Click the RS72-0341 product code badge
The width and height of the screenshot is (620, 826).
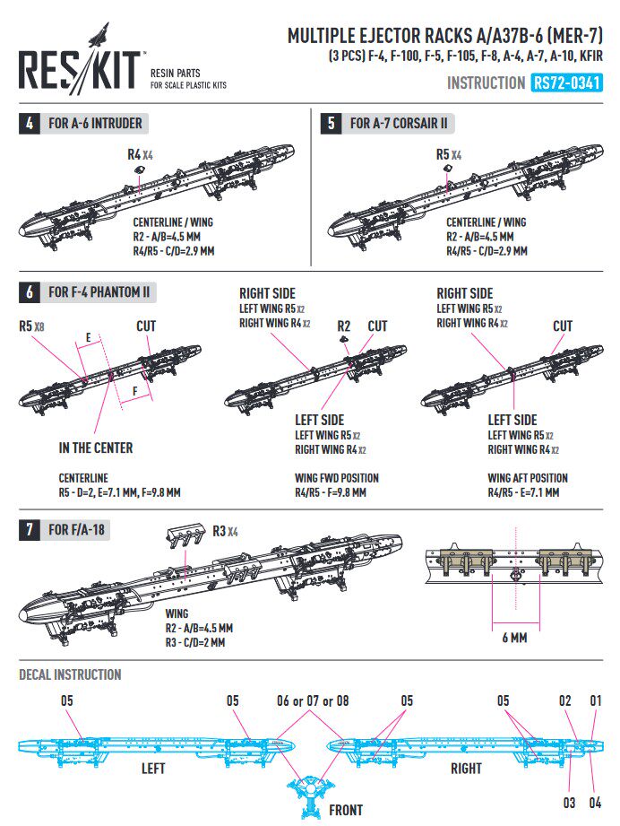pos(565,83)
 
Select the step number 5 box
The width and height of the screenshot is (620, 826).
pos(331,123)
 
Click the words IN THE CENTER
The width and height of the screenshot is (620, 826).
pos(96,447)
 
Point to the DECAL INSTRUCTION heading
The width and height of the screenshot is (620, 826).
pos(70,674)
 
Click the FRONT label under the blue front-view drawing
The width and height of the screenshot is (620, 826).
pos(346,810)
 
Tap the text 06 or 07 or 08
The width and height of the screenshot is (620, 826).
pos(312,700)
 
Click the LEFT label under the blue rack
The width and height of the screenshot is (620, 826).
pos(153,769)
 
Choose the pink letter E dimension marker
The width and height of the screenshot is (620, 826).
pos(88,338)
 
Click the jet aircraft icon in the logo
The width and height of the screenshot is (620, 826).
pos(94,39)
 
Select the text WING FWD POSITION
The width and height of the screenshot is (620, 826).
pos(337,478)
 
